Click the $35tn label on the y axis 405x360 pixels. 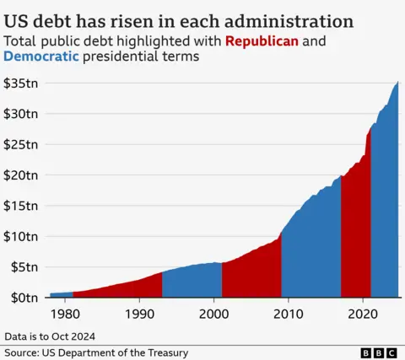coord(19,83)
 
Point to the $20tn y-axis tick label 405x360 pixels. coord(19,175)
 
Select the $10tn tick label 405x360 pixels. coord(19,236)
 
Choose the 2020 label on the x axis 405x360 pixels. coord(363,313)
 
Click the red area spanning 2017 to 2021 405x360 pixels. coord(355,236)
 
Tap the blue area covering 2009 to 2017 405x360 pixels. coord(312,253)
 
